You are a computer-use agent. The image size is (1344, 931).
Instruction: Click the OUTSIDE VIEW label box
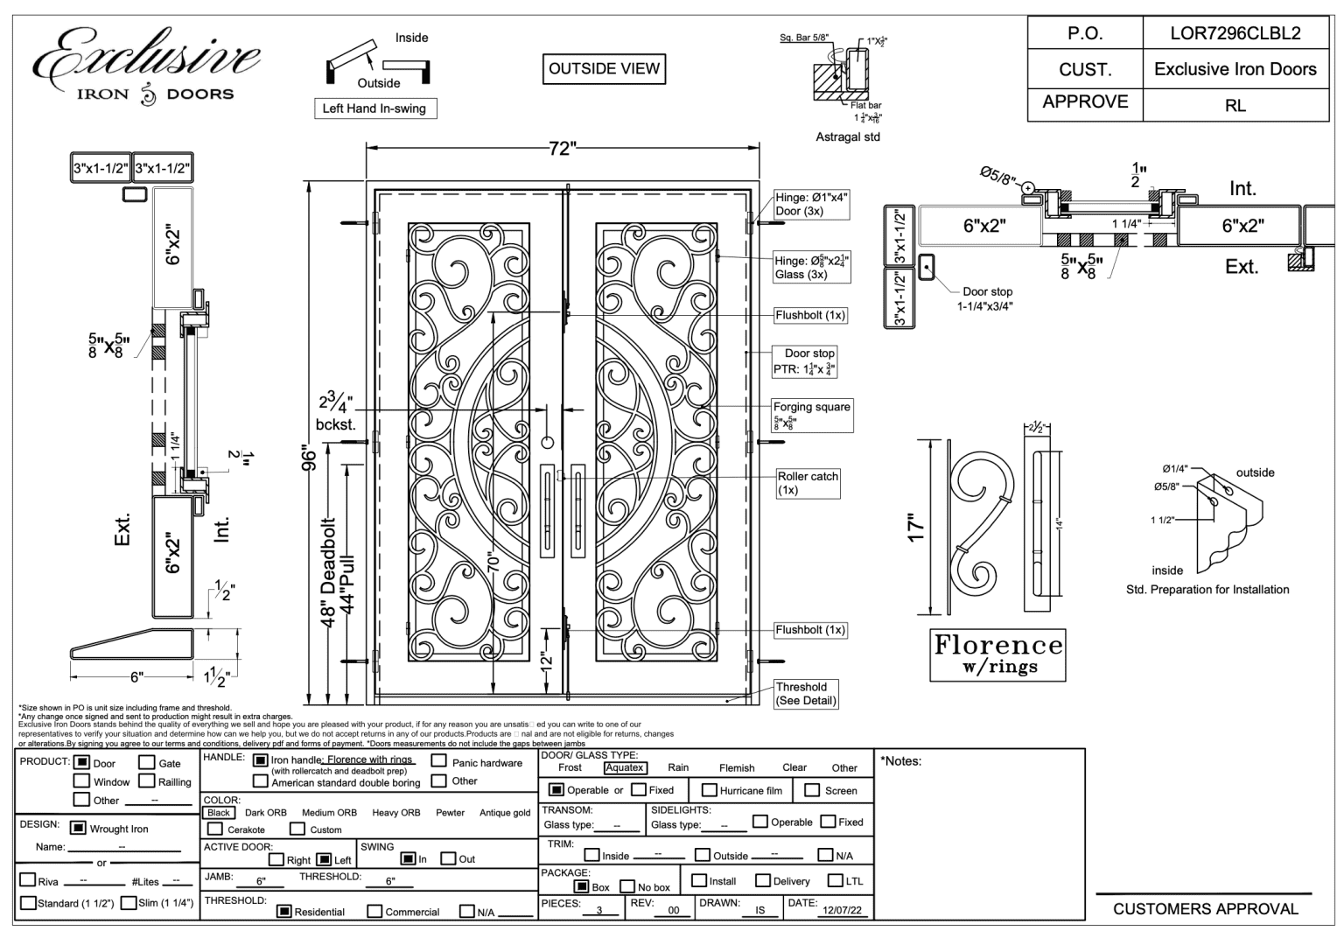(604, 69)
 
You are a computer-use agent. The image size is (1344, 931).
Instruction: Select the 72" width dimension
(561, 149)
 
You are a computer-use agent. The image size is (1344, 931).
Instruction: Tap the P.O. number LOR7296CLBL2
(1235, 33)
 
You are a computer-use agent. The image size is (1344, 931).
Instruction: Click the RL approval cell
(1235, 105)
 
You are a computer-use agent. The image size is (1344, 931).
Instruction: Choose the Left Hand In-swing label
(374, 108)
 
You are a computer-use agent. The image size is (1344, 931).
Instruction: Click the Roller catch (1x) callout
(808, 483)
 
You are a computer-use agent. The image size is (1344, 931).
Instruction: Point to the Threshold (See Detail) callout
(806, 693)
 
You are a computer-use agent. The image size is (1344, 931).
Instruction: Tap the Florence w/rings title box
(997, 654)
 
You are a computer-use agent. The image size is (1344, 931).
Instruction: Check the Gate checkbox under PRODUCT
(147, 763)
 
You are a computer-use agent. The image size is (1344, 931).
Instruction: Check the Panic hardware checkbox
(439, 762)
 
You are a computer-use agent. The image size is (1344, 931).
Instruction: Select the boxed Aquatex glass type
(625, 767)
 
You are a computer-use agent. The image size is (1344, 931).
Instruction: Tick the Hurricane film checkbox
(702, 790)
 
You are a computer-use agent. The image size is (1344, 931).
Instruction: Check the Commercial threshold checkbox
(374, 912)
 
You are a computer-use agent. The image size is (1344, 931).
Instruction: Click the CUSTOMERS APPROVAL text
(1206, 909)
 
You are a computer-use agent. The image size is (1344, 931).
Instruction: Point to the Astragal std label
(847, 137)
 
